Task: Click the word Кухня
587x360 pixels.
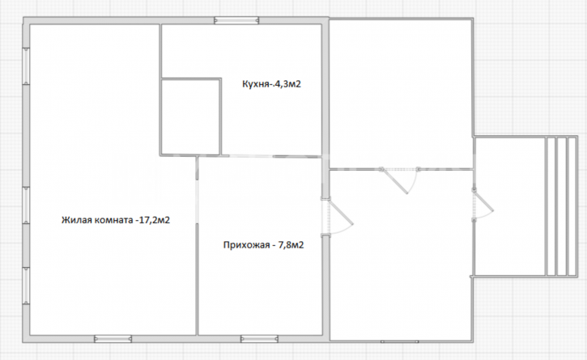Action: [x=256, y=84]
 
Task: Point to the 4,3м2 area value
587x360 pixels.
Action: [x=287, y=84]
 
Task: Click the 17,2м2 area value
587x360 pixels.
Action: [x=154, y=220]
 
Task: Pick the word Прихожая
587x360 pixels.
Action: [x=246, y=245]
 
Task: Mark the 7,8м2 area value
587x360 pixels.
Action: [x=291, y=245]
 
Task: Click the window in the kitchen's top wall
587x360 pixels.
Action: [x=236, y=20]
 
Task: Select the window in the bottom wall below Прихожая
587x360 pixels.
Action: [x=259, y=339]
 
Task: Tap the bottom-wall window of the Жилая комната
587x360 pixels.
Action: [x=113, y=339]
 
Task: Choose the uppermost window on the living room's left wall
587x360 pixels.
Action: [x=26, y=66]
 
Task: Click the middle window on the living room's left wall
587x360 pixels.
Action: [x=26, y=205]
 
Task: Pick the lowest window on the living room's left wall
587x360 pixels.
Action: [x=26, y=286]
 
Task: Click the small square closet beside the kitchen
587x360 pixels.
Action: [x=190, y=116]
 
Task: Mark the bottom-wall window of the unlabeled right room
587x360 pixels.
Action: [x=400, y=341]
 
